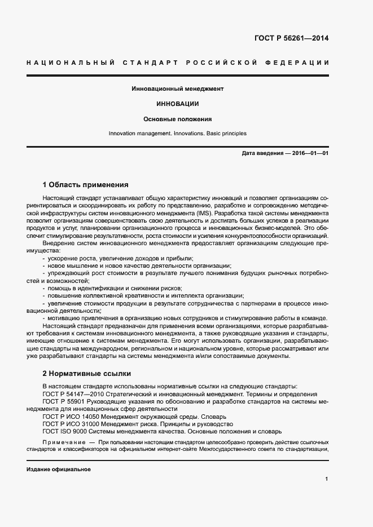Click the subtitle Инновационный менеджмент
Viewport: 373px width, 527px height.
tap(178, 88)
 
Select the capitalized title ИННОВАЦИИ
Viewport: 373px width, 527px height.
tap(178, 104)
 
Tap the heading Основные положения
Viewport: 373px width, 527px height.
tap(178, 119)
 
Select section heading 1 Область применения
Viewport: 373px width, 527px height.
tap(86, 184)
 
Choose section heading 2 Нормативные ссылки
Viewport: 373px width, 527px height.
tap(87, 373)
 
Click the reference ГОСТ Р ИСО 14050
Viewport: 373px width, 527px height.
tap(70, 416)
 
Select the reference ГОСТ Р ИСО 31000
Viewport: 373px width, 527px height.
tap(70, 423)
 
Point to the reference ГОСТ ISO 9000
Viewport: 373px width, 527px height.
tap(63, 431)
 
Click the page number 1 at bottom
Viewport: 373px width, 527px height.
tap(327, 479)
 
